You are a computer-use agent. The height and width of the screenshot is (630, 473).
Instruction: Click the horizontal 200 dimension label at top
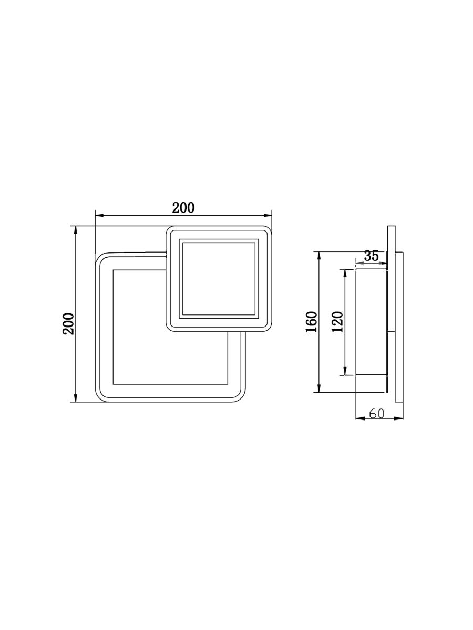[x=183, y=208]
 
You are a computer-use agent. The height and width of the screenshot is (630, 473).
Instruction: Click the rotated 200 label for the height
[x=69, y=323]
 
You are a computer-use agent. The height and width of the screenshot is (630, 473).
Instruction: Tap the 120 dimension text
[x=337, y=321]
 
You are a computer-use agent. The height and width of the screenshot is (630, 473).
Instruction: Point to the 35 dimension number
[x=371, y=256]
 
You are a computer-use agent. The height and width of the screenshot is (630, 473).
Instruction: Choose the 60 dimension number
[x=376, y=414]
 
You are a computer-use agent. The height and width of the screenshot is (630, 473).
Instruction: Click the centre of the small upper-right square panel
[x=218, y=279]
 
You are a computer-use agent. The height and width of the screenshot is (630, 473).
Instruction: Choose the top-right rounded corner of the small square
[x=266, y=230]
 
